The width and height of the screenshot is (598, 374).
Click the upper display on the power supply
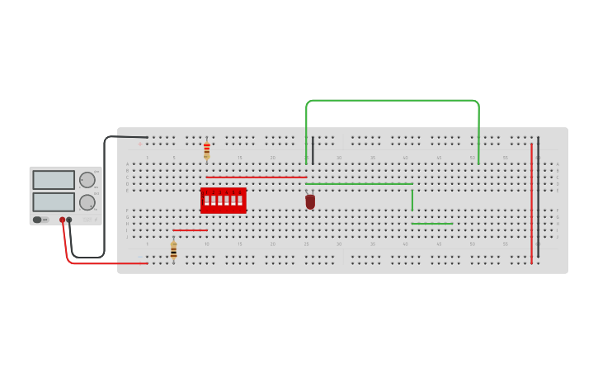click(54, 179)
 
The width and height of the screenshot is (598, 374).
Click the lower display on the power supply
click(54, 201)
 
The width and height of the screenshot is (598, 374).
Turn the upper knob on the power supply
click(87, 180)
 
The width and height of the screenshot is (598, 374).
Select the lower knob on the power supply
click(87, 202)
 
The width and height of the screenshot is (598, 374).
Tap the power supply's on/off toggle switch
click(37, 220)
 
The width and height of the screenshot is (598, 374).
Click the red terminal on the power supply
click(62, 220)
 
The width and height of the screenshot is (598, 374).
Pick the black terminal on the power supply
click(69, 220)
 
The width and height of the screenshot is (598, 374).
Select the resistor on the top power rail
click(206, 150)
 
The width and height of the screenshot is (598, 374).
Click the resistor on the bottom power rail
click(173, 249)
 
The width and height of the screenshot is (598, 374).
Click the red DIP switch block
click(223, 200)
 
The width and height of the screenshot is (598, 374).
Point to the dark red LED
click(310, 201)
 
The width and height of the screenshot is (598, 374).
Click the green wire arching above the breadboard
click(392, 101)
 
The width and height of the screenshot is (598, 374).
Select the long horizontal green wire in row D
click(359, 183)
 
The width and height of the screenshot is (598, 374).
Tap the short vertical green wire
click(412, 200)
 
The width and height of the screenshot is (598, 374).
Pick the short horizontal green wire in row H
click(432, 223)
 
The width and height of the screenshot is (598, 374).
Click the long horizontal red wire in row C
click(256, 177)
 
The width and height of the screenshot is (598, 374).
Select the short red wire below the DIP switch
click(190, 230)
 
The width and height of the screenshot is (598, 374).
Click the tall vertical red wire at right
click(531, 202)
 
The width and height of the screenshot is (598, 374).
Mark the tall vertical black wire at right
click(538, 198)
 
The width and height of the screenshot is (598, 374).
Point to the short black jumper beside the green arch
click(313, 149)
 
